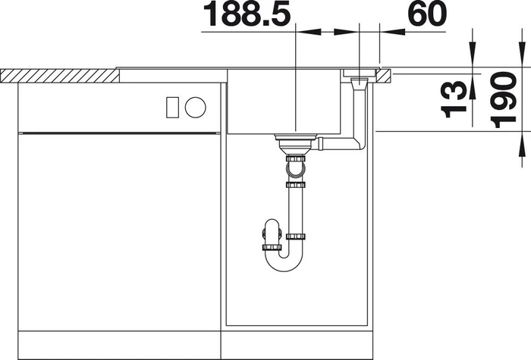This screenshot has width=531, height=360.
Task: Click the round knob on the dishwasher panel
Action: point(196,108)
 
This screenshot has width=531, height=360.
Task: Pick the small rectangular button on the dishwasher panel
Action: point(172,108)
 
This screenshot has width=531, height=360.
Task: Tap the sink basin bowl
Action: point(284,102)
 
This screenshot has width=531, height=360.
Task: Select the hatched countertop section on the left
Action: point(60,76)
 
